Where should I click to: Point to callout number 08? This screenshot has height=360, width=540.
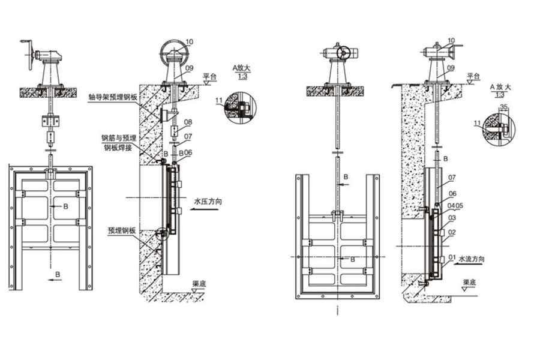pos(188,122)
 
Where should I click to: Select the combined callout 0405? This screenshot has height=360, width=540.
pos(454,205)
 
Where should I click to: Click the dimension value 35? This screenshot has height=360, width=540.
pos(503,107)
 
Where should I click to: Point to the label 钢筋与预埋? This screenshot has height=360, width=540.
pos(118,138)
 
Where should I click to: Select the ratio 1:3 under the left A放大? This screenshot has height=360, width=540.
pos(242,77)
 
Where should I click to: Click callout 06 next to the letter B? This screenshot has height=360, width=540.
pos(188,153)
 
